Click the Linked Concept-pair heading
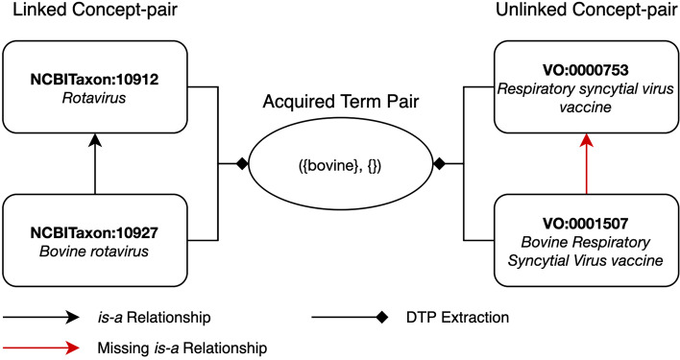point(86,12)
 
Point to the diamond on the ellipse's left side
point(242,165)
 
